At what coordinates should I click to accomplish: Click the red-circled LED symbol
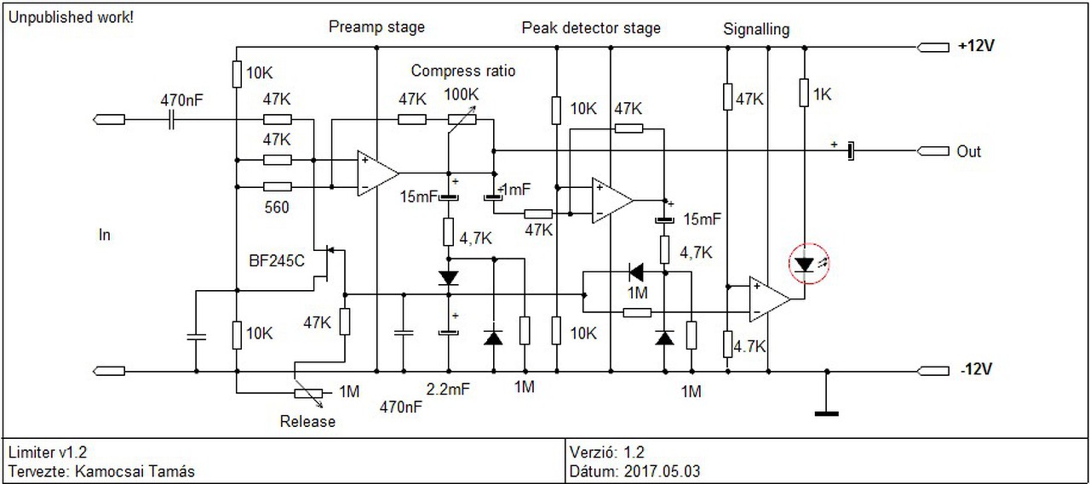(805, 265)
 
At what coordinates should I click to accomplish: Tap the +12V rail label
(975, 47)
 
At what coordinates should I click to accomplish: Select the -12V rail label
(975, 370)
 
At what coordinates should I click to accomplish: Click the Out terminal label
(969, 151)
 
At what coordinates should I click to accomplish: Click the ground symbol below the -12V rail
(826, 413)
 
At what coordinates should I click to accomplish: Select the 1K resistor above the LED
(804, 93)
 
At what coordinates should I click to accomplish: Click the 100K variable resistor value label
(462, 94)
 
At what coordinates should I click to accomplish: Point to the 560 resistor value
(276, 207)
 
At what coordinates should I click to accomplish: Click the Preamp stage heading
(376, 27)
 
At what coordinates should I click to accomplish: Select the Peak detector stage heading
(591, 28)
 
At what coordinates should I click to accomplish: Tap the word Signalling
(756, 29)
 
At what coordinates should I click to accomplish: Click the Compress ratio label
(463, 71)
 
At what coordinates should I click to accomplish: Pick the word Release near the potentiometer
(307, 421)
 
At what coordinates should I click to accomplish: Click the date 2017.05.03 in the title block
(662, 470)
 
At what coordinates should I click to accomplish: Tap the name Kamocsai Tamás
(137, 470)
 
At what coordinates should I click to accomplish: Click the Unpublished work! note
(71, 17)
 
